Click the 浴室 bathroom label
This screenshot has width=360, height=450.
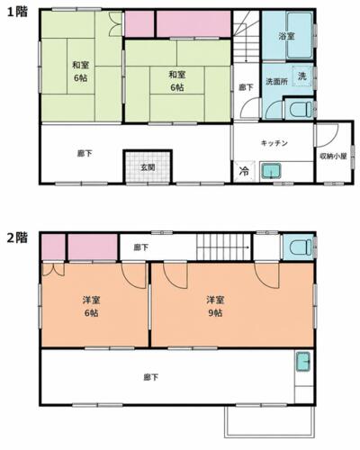point(286,36)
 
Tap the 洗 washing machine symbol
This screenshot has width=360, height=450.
point(302,76)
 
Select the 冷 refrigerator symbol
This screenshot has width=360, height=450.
point(244,172)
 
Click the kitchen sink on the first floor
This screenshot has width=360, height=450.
point(270,171)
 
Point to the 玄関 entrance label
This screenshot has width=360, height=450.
point(148,167)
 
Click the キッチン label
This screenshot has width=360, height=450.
point(274,143)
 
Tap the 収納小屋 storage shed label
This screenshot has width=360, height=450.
point(333,156)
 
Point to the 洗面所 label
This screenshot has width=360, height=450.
point(276,81)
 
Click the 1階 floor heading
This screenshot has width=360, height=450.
point(17,12)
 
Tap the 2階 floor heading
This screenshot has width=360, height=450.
point(17,238)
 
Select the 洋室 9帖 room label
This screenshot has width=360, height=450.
point(215,306)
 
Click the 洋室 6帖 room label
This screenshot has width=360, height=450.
point(91,306)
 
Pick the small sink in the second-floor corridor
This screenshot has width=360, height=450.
point(303,362)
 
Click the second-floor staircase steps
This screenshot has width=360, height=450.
point(223,247)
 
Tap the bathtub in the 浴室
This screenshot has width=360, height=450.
point(300,36)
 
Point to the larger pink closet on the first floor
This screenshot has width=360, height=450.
point(193,24)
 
